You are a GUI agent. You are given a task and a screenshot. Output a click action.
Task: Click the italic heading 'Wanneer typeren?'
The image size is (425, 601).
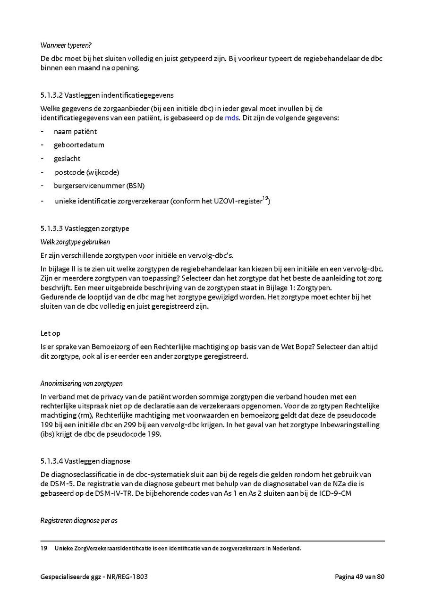(x=66, y=45)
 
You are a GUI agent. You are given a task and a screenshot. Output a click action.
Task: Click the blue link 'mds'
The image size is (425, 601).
(x=232, y=118)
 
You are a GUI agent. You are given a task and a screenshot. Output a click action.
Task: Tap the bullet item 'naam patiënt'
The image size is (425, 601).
(x=75, y=131)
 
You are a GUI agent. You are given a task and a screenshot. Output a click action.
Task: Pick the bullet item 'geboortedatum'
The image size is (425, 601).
(x=79, y=145)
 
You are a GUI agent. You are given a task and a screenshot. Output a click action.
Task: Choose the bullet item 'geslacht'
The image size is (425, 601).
(x=67, y=159)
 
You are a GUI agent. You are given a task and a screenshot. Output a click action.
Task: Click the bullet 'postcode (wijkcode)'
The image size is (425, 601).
(x=87, y=172)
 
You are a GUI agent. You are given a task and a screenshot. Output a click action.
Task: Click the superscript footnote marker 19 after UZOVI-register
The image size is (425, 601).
(x=265, y=198)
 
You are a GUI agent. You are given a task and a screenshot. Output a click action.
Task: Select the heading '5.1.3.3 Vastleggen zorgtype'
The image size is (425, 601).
(x=85, y=229)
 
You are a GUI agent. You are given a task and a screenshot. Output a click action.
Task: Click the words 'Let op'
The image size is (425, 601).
(x=50, y=333)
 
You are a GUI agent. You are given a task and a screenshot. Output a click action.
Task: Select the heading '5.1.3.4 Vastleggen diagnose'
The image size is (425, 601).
(x=85, y=461)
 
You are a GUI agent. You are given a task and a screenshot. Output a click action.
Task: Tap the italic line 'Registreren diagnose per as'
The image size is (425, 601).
(x=79, y=521)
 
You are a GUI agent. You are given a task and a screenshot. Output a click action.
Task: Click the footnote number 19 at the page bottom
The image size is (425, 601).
(x=44, y=549)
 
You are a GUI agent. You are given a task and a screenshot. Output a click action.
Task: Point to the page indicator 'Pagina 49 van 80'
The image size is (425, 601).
(x=359, y=576)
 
